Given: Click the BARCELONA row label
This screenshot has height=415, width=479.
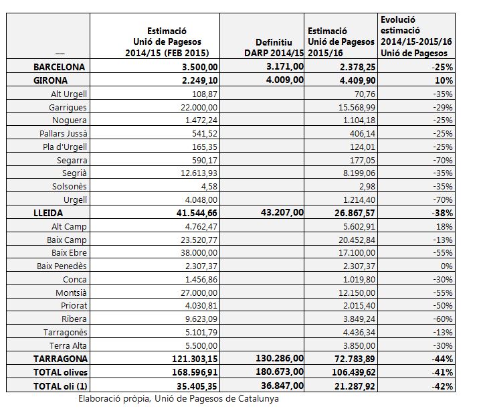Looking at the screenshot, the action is pyautogui.click(x=59, y=67).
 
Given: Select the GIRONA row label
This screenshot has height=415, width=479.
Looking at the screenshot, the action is pyautogui.click(x=50, y=80).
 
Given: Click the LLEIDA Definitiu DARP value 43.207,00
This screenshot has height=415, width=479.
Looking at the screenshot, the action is pyautogui.click(x=282, y=212).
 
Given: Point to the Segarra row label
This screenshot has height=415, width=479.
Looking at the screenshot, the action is pyautogui.click(x=72, y=161).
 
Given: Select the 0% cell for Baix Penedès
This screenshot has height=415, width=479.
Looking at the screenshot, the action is pyautogui.click(x=447, y=266).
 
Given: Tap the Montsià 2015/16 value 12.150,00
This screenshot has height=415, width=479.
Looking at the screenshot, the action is pyautogui.click(x=357, y=293).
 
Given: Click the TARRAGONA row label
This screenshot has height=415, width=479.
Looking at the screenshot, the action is pyautogui.click(x=60, y=359).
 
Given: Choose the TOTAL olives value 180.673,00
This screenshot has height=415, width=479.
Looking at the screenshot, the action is pyautogui.click(x=280, y=371).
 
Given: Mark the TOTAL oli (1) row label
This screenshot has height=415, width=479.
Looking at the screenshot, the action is pyautogui.click(x=60, y=386).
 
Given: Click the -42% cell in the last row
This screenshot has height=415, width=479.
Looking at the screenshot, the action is pyautogui.click(x=442, y=386).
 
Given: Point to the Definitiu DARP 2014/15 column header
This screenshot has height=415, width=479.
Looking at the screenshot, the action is pyautogui.click(x=274, y=48).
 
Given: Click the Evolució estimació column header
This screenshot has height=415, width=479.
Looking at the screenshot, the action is pyautogui.click(x=416, y=36).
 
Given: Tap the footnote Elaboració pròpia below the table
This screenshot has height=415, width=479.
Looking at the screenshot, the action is pyautogui.click(x=179, y=398).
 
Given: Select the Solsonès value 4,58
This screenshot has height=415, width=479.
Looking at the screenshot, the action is pyautogui.click(x=209, y=186).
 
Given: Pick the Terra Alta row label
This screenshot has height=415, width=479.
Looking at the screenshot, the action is pyautogui.click(x=68, y=345).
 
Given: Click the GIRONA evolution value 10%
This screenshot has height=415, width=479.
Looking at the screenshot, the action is pyautogui.click(x=444, y=80).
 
